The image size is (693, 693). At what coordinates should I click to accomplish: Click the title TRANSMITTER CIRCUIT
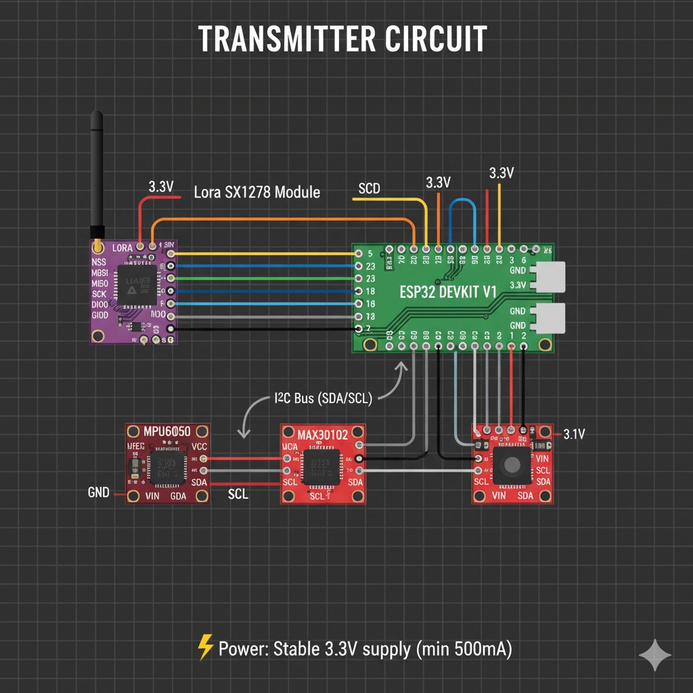pyautogui.click(x=342, y=40)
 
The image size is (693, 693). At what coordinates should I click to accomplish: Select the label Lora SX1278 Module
pyautogui.click(x=256, y=192)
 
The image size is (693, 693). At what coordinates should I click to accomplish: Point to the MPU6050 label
pyautogui.click(x=167, y=432)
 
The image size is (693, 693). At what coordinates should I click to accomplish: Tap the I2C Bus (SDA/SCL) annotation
pyautogui.click(x=323, y=399)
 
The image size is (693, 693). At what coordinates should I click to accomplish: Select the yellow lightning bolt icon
pyautogui.click(x=204, y=649)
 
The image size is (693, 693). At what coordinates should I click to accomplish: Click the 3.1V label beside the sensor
pyautogui.click(x=574, y=434)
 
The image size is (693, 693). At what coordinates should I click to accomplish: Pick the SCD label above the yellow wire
pyautogui.click(x=369, y=188)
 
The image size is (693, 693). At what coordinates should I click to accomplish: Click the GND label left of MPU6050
pyautogui.click(x=99, y=492)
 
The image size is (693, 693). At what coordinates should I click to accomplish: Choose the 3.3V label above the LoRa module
pyautogui.click(x=160, y=187)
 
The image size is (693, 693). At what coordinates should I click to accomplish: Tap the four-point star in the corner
pyautogui.click(x=655, y=655)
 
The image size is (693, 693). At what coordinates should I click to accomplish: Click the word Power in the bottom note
pyautogui.click(x=243, y=649)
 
